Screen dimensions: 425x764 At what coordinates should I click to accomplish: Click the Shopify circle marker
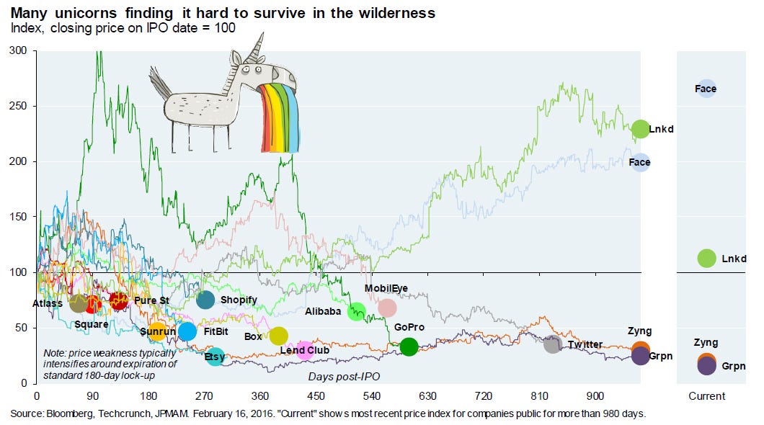coord(205,300)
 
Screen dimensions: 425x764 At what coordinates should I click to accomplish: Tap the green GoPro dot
coord(409,346)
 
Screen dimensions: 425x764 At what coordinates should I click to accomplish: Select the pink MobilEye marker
coord(387,308)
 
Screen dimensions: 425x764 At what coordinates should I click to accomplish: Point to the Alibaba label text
coord(323,312)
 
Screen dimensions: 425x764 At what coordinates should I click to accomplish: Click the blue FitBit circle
coord(187,331)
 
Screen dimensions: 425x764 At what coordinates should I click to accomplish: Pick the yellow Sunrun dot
coord(157,332)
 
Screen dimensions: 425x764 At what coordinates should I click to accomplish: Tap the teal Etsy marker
coord(215,356)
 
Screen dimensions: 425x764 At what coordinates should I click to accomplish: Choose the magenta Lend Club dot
coord(305,350)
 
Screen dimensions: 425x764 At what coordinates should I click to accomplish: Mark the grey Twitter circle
coord(552,344)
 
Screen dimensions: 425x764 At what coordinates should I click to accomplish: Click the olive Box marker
coord(278,336)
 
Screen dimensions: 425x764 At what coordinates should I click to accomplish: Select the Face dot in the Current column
coord(706,89)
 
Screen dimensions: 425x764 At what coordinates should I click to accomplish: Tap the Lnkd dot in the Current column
coord(706,258)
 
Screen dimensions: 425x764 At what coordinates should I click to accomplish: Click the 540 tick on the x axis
coord(371,396)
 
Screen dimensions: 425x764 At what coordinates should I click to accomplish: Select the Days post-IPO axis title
coord(345,376)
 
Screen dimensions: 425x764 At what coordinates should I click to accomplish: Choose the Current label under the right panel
coord(706,396)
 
